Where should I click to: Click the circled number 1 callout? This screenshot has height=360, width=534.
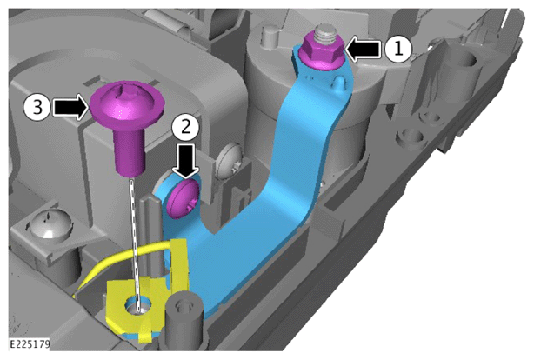click(x=398, y=49)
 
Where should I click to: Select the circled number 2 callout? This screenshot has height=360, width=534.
click(x=185, y=127)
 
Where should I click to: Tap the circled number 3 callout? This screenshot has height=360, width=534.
click(x=37, y=107)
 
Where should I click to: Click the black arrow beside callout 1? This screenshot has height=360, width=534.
click(x=364, y=49)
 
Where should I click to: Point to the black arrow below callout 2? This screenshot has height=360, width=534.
click(x=185, y=160)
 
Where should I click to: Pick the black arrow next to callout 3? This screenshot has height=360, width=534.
click(x=70, y=107)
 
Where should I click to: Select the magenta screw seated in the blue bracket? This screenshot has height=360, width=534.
click(x=183, y=199)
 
